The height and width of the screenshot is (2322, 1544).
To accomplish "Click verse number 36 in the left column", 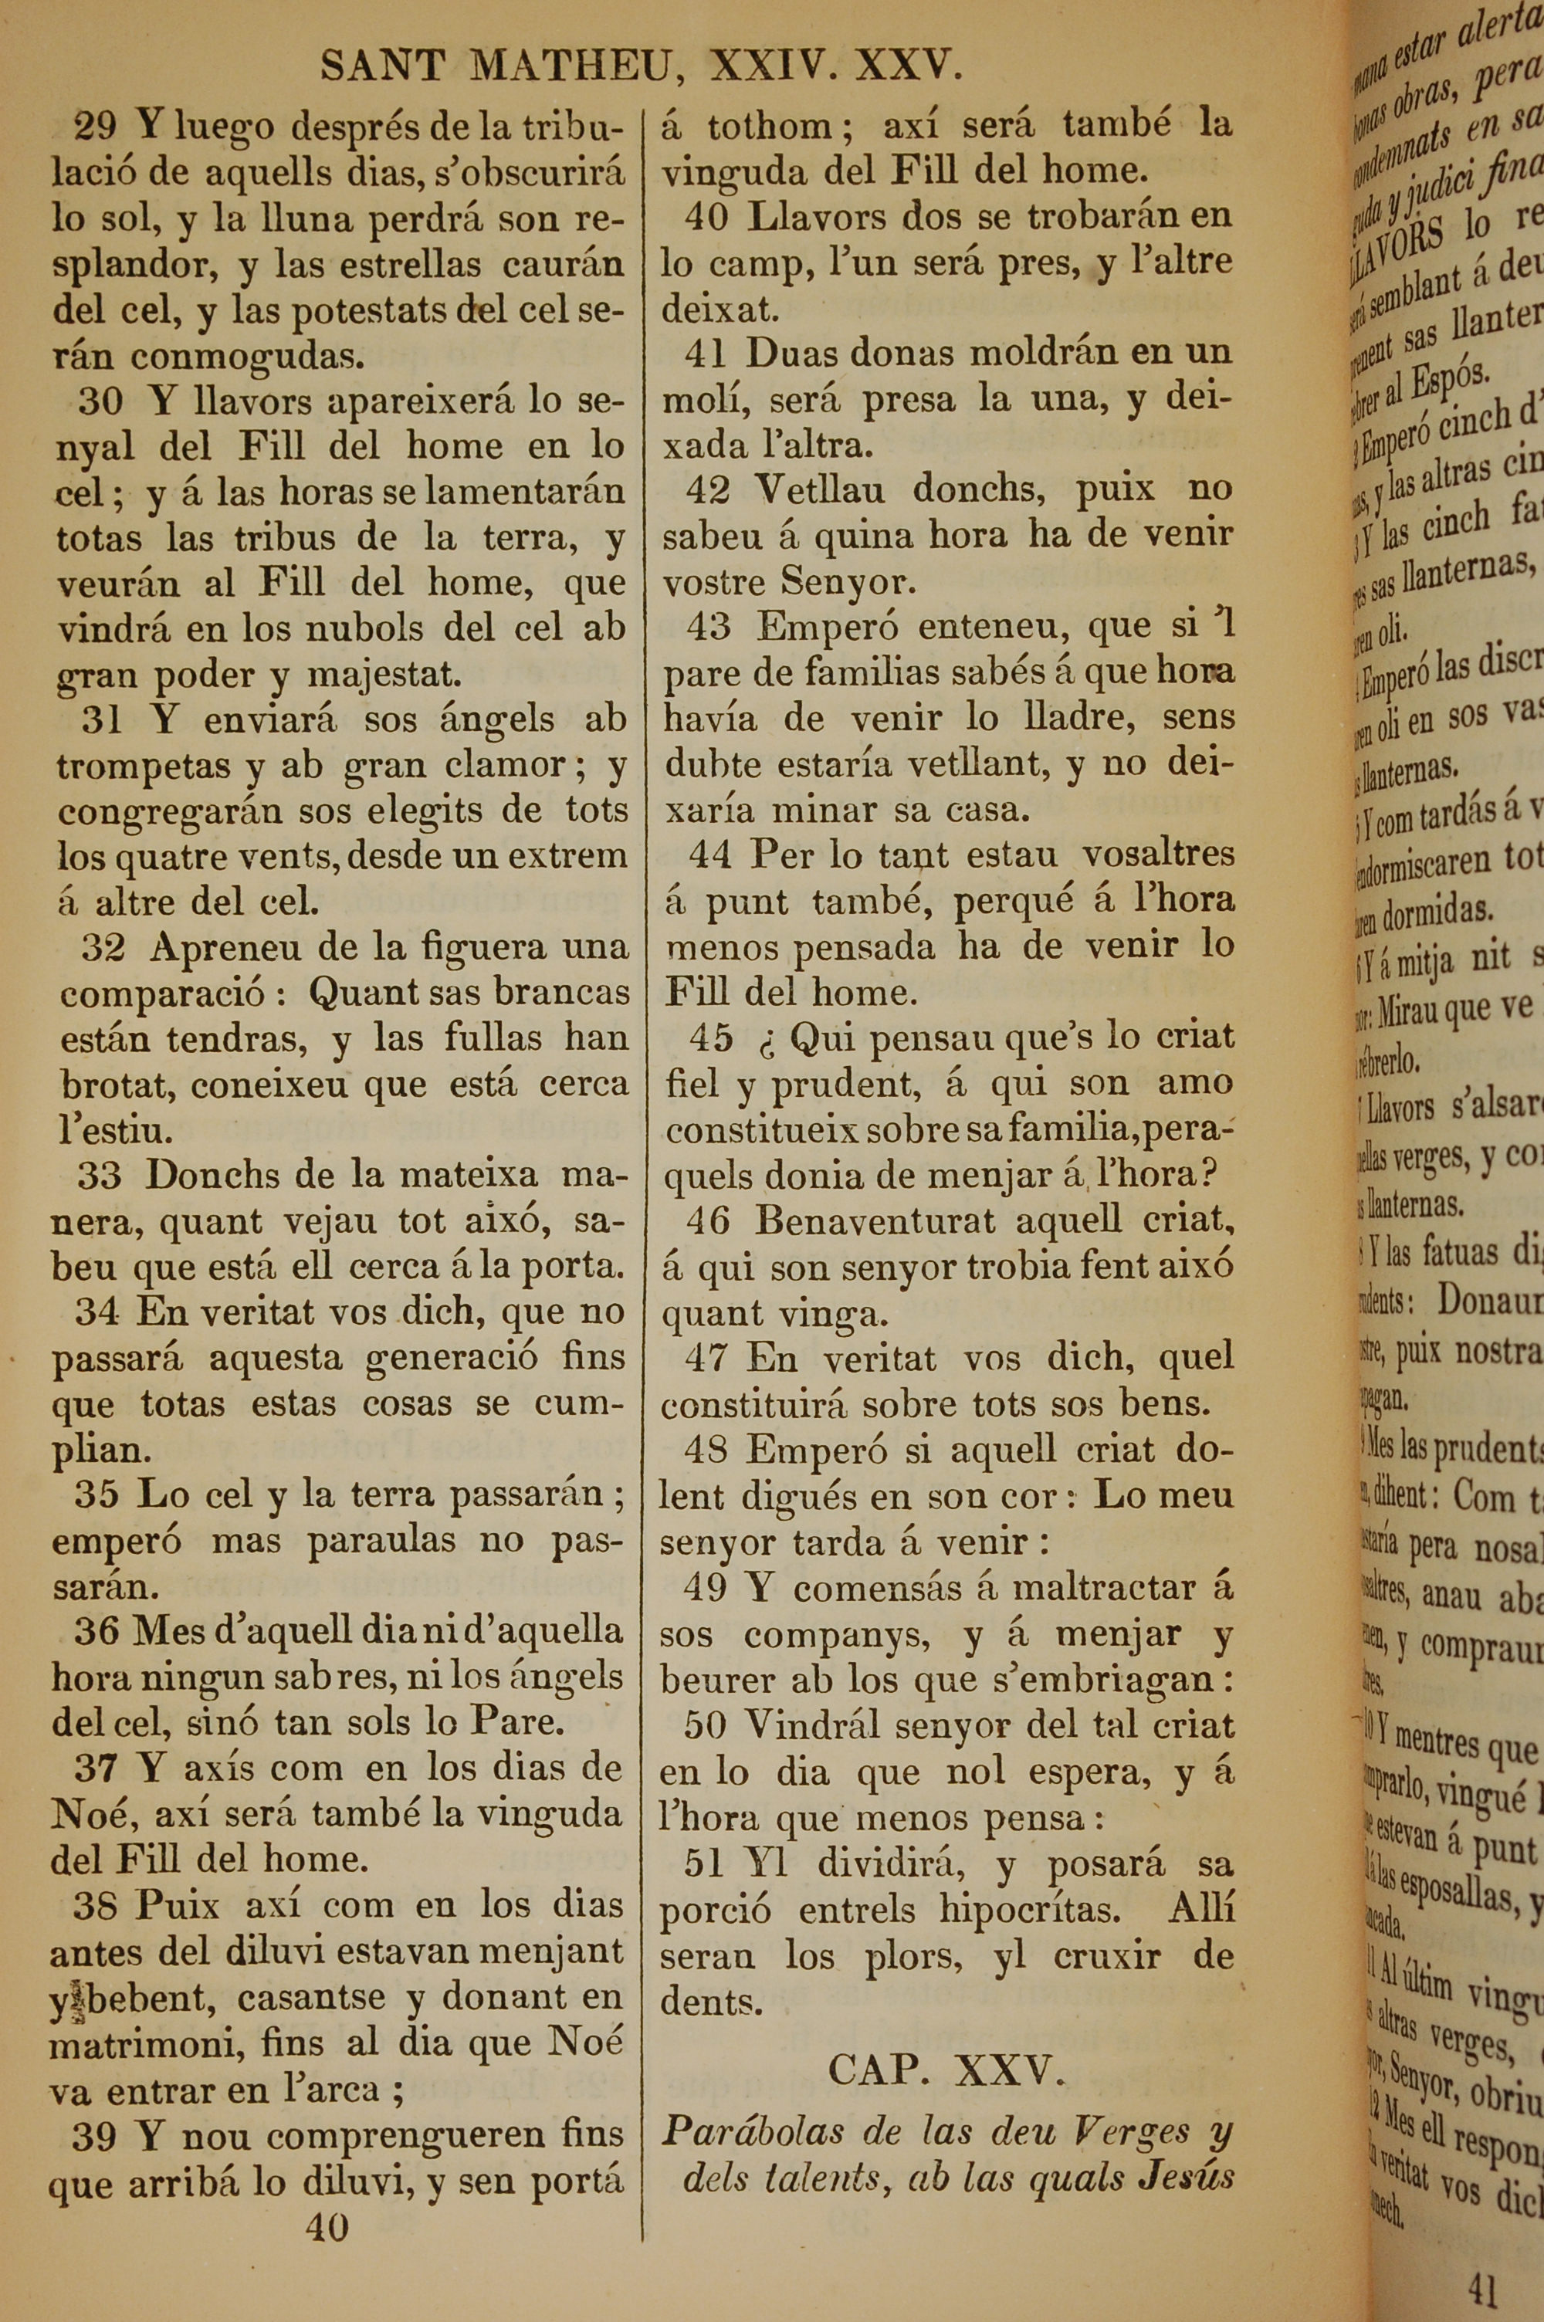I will [96, 1631].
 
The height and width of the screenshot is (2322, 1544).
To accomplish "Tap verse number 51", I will [704, 1863].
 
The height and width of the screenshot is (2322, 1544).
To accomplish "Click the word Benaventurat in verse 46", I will [876, 1221].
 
